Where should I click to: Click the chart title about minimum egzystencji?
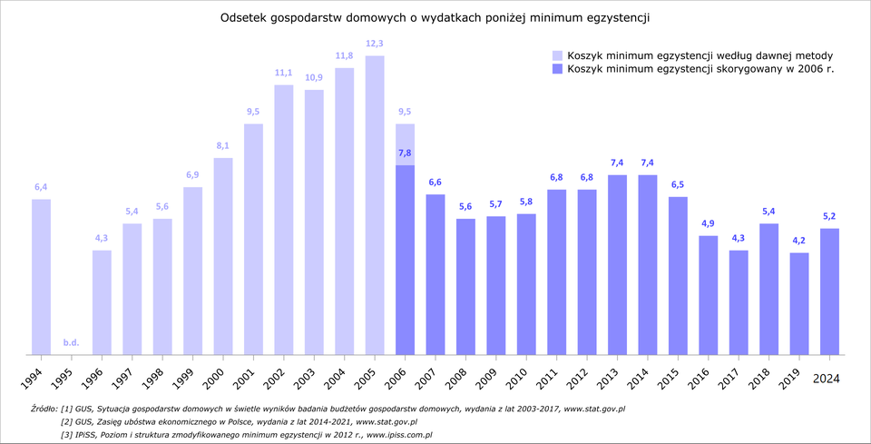tap(435, 17)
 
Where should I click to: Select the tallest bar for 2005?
tap(375, 204)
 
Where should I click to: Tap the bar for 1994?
tap(41, 276)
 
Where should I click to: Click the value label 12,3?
tap(375, 44)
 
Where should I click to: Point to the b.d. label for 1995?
tap(71, 342)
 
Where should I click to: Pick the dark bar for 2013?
tap(617, 263)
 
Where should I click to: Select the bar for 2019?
tap(799, 303)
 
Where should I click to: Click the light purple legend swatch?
tap(557, 55)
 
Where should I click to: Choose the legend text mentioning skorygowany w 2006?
tap(700, 69)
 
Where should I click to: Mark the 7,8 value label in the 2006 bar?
tap(405, 153)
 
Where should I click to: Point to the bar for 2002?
tap(283, 219)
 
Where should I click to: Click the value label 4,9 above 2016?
tap(708, 223)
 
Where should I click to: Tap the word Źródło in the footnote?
tap(43, 409)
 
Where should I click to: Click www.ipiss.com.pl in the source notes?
tap(398, 435)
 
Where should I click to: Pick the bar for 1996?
tap(102, 301)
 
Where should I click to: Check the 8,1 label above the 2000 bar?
tap(222, 145)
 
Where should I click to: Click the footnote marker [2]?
tap(67, 422)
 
